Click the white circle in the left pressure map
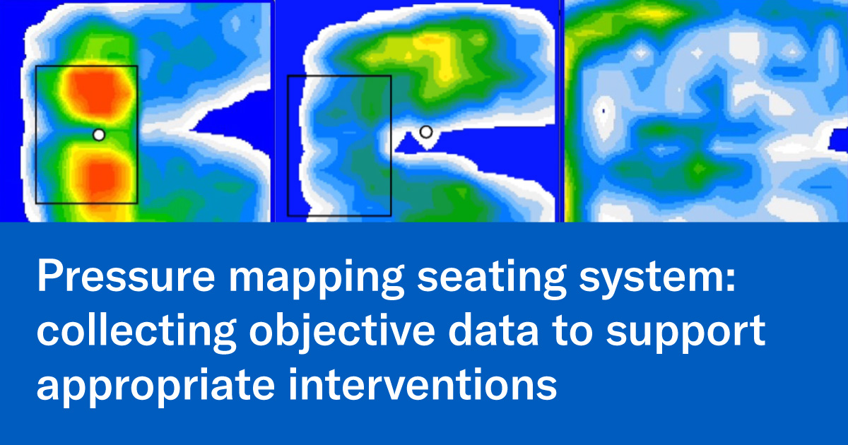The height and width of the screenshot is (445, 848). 99,134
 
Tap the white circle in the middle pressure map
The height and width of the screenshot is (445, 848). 425,131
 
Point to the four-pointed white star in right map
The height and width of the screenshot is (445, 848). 697,53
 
